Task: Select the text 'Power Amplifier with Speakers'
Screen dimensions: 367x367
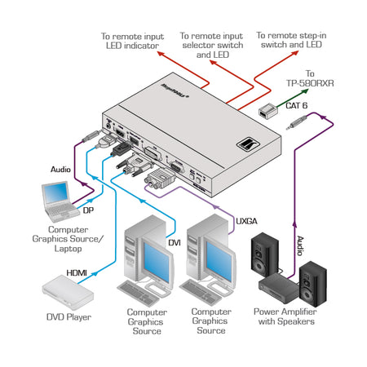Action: (x=285, y=316)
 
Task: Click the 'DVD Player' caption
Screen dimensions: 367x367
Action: (x=68, y=316)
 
